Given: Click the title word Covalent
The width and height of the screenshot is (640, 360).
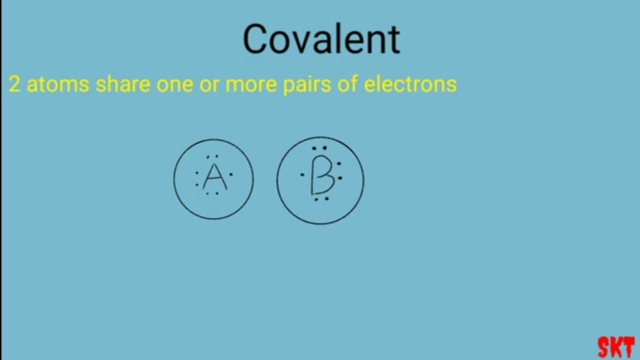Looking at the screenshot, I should pyautogui.click(x=321, y=39).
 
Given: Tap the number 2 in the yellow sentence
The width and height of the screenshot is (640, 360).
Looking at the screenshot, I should pyautogui.click(x=14, y=85).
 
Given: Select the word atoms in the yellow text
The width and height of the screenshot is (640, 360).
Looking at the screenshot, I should pyautogui.click(x=57, y=85).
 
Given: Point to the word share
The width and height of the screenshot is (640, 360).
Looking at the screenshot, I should pyautogui.click(x=122, y=85).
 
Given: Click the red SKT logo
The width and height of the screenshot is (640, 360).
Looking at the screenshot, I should pyautogui.click(x=616, y=347).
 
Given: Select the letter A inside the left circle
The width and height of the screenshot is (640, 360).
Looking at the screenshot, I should pyautogui.click(x=214, y=177).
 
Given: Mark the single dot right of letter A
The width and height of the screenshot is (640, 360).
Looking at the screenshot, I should pyautogui.click(x=230, y=175).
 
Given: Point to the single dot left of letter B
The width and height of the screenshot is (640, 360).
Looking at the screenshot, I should pyautogui.click(x=302, y=175).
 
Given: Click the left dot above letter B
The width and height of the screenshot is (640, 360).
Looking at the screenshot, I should pyautogui.click(x=314, y=148).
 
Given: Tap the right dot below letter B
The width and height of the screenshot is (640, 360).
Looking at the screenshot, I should pyautogui.click(x=326, y=199).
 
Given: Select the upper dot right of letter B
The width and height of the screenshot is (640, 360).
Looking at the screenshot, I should pyautogui.click(x=339, y=163).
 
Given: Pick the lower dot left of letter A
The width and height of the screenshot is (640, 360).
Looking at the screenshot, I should pyautogui.click(x=197, y=185).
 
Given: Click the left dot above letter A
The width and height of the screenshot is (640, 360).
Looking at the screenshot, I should pyautogui.click(x=208, y=156).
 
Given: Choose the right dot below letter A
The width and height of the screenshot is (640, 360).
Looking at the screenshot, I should pyautogui.click(x=217, y=193).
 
